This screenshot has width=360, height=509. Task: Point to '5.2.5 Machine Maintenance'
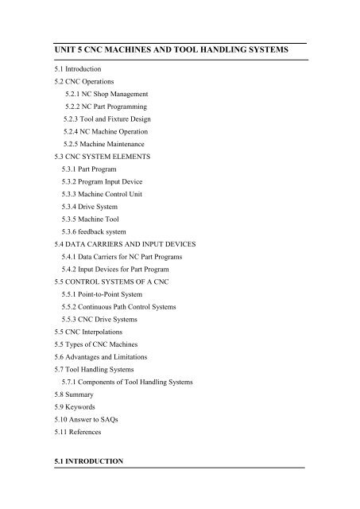click(108, 143)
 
